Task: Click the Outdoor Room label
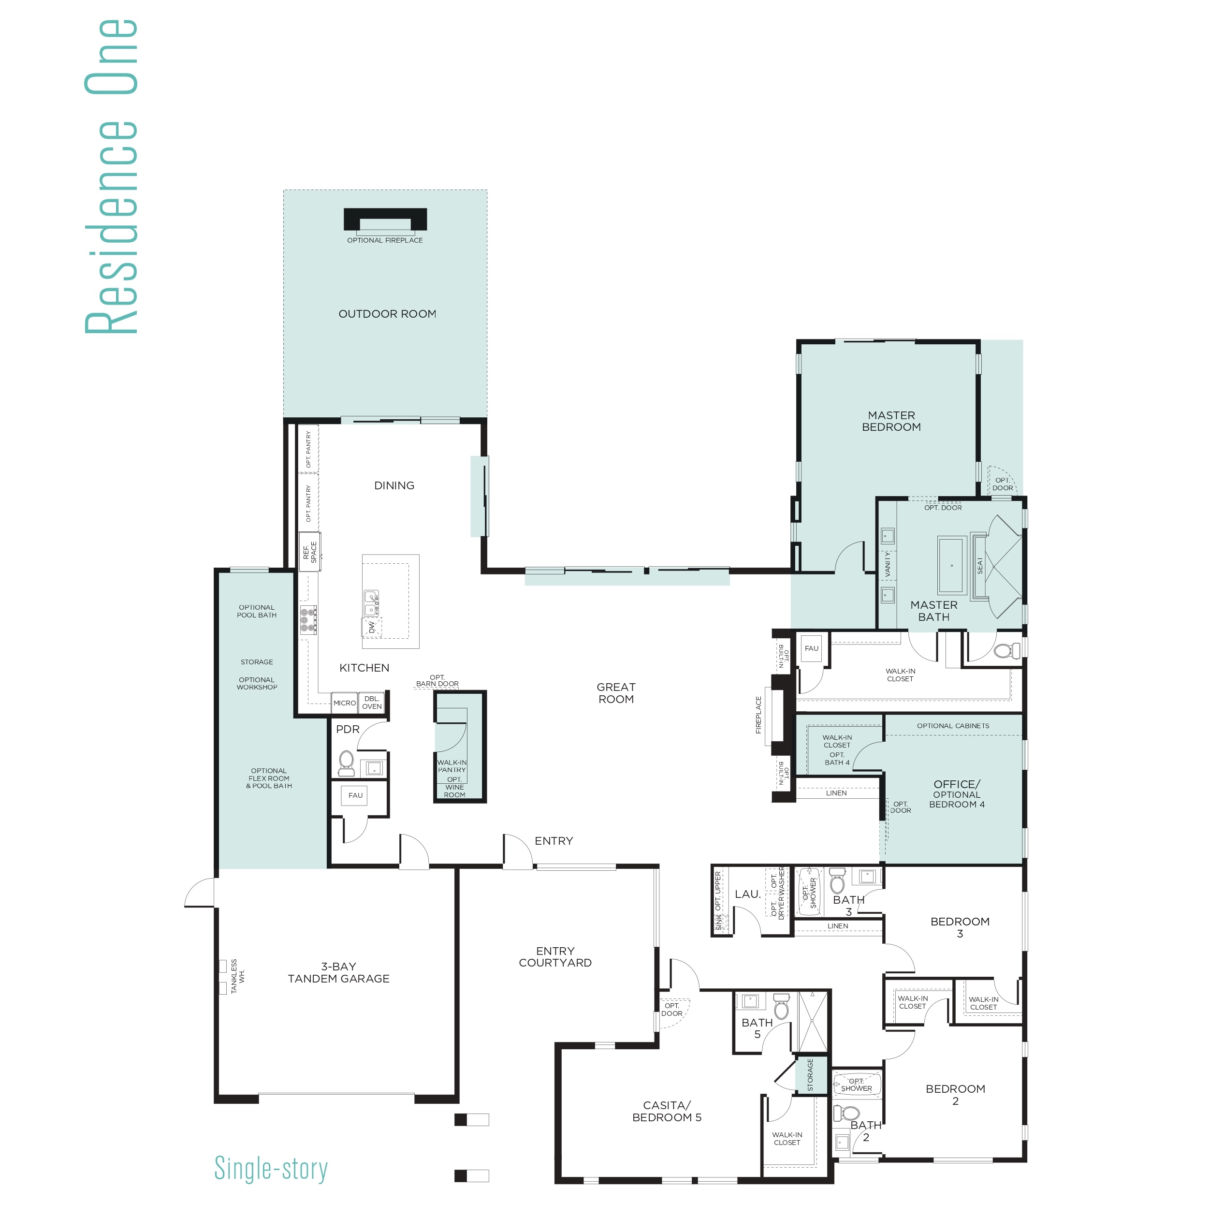coord(387,314)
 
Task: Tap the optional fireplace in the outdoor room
coord(385,219)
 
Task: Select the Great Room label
coord(616,693)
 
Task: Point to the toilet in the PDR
coord(346,763)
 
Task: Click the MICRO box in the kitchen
coord(345,703)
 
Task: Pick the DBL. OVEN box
coord(372,703)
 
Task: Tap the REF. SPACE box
coord(310,552)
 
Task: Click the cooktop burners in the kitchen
coord(308,620)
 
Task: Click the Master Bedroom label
coord(891,421)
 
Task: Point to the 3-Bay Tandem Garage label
coord(338,972)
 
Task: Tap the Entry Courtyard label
coord(555,956)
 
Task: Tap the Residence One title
coord(112,176)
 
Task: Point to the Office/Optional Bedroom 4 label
coord(957,794)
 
